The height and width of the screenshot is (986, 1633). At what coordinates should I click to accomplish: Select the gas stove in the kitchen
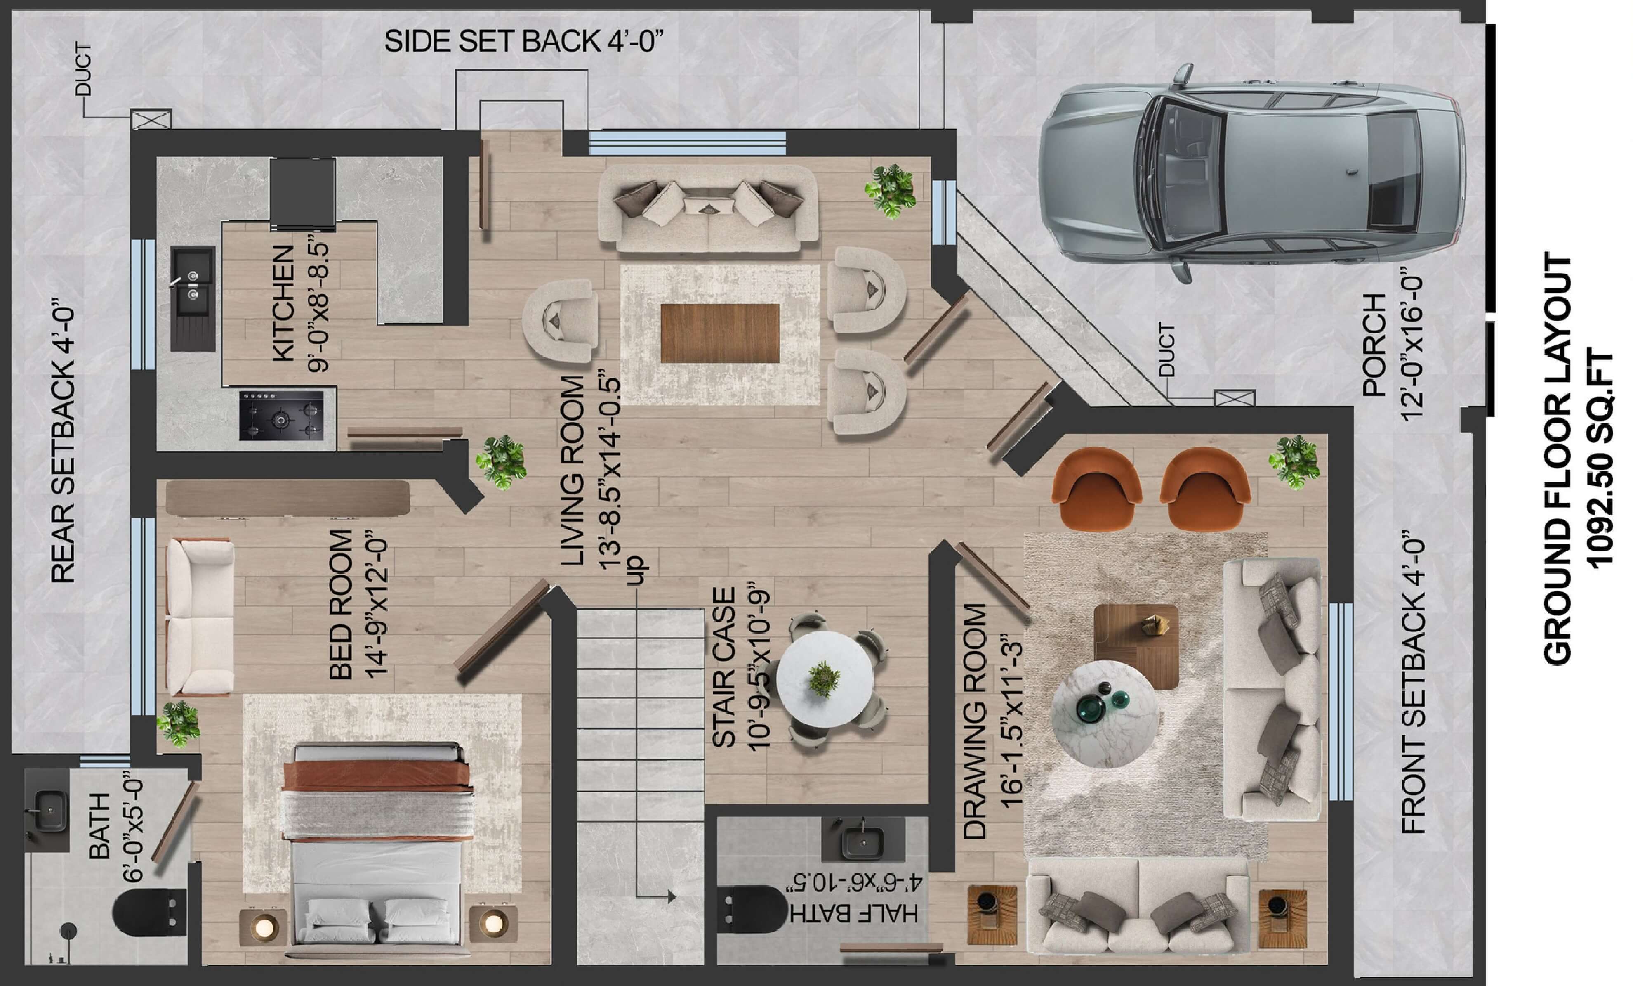282,416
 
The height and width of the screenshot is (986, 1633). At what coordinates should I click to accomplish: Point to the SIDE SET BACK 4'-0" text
523,42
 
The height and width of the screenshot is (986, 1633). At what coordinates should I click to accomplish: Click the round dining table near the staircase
825,680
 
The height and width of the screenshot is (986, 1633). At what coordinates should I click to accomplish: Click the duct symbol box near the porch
1235,398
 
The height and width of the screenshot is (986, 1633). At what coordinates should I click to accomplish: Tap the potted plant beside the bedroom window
178,724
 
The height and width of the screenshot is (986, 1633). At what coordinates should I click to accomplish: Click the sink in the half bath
862,842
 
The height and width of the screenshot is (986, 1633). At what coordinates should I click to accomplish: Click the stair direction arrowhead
672,897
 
